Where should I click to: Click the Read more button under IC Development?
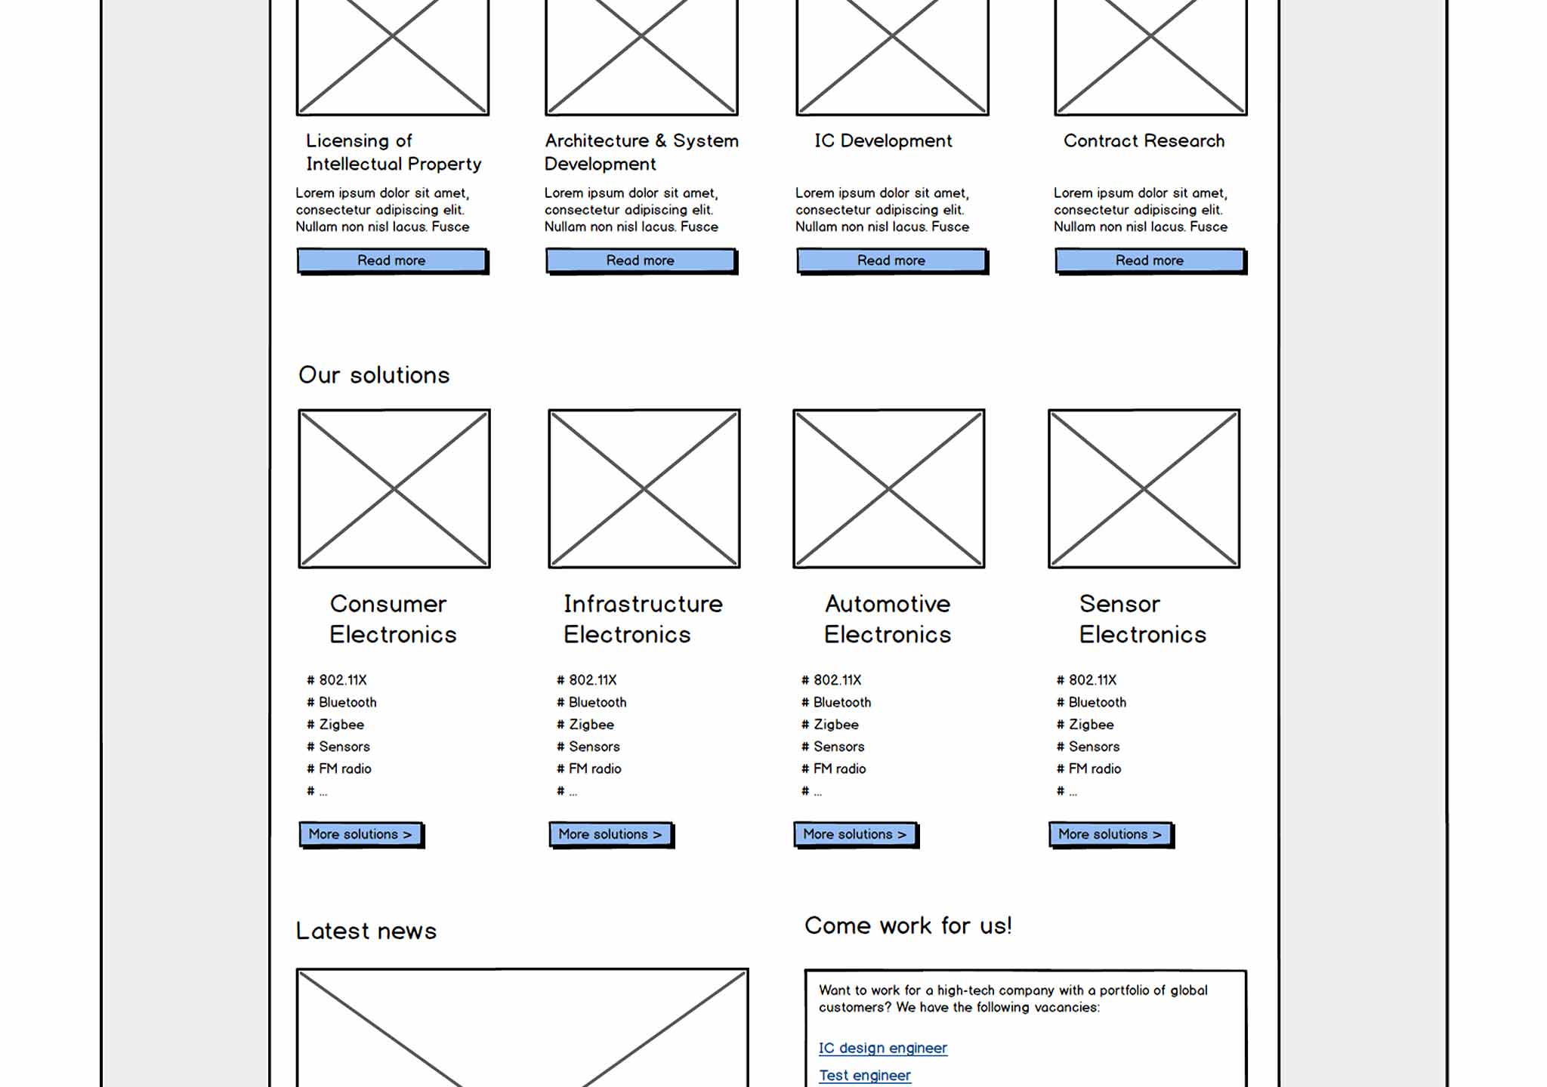point(891,260)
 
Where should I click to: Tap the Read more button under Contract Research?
point(1150,260)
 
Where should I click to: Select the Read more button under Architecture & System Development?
point(641,260)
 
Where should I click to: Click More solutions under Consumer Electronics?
point(360,834)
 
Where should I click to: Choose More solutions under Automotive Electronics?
point(854,834)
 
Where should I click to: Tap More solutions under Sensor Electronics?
point(1110,834)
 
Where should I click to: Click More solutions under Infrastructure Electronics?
point(610,834)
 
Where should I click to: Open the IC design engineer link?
point(882,1048)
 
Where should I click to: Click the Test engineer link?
point(865,1075)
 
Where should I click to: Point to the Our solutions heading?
point(374,375)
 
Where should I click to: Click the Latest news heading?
point(366,931)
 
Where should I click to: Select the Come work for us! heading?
point(908,925)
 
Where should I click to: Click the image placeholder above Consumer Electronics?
point(394,488)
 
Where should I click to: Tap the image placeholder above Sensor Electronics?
point(1144,488)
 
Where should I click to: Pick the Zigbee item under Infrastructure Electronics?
point(591,725)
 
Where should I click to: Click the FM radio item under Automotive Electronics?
point(839,768)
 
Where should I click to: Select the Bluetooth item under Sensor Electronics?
point(1097,702)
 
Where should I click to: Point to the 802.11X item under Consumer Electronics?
point(342,680)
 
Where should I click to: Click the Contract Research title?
point(1144,141)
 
